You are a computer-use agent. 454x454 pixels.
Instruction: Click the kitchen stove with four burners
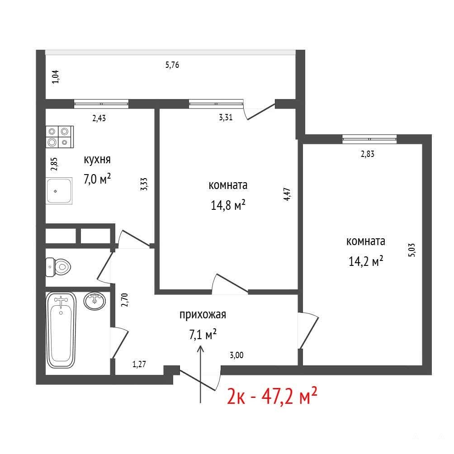[60, 137]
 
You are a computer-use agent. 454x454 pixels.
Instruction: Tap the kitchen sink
[59, 190]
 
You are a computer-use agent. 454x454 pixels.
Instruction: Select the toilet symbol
[58, 267]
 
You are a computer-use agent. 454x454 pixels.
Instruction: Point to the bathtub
[61, 330]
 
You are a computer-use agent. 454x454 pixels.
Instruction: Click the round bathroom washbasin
[95, 301]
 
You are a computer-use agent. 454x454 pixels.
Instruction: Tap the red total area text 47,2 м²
[289, 396]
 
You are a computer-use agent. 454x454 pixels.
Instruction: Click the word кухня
[97, 160]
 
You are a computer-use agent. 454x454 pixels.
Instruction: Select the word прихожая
[203, 314]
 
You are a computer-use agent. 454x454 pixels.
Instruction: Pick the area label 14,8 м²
[228, 205]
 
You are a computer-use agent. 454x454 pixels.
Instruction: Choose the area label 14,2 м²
[366, 261]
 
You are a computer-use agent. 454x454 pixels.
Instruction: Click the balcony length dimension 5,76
[172, 65]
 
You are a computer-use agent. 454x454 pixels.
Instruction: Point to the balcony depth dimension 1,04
[55, 77]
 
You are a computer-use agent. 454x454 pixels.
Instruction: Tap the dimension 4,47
[287, 194]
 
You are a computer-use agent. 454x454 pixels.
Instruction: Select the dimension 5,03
[411, 250]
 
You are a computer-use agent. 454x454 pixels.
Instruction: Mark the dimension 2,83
[368, 154]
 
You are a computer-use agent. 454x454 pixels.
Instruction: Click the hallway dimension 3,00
[236, 355]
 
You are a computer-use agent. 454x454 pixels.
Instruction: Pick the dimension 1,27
[139, 364]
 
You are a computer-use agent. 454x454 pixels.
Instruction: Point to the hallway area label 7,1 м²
[203, 335]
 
